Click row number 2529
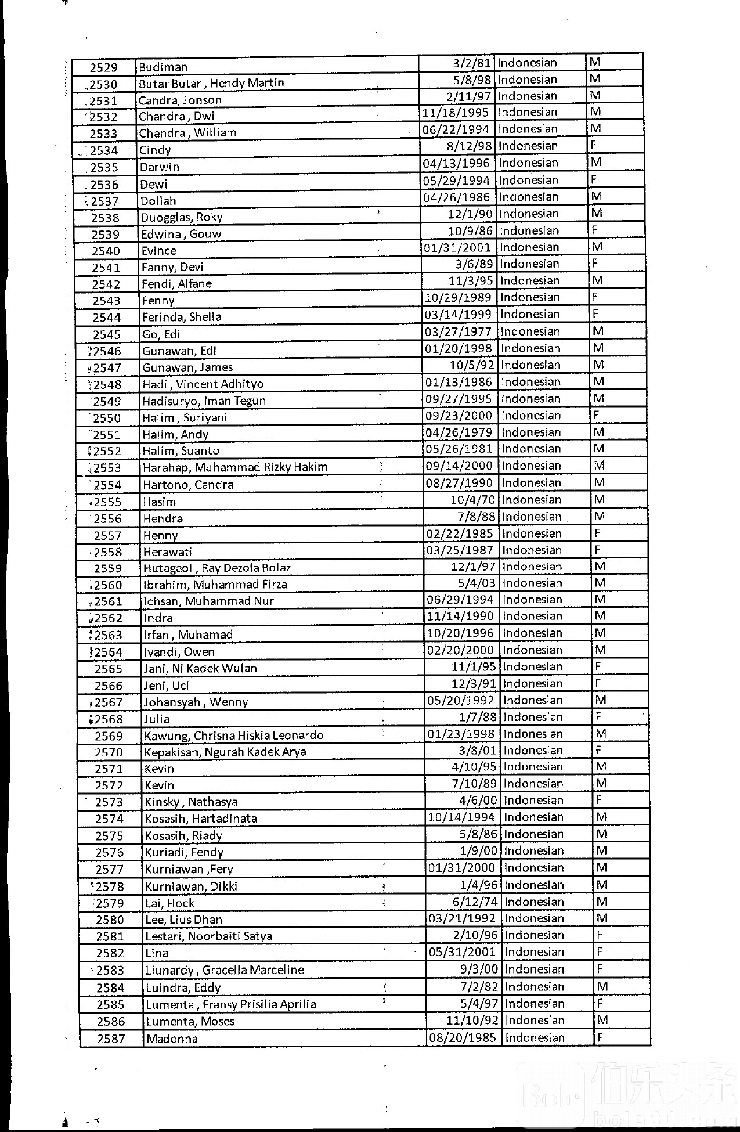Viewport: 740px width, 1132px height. point(104,67)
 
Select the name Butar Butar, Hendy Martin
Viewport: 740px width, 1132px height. point(211,83)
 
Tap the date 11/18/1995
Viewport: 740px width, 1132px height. point(456,112)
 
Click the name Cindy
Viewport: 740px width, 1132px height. point(155,150)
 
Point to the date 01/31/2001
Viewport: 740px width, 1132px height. point(457,247)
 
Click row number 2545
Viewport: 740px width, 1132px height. point(107,334)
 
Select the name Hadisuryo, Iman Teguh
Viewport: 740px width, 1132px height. point(204,401)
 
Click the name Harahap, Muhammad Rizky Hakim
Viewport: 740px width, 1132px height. point(235,467)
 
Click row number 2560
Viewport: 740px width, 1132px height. point(109,585)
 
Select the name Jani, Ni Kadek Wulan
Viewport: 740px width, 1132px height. point(200,668)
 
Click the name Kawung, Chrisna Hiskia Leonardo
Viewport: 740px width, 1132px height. point(234,736)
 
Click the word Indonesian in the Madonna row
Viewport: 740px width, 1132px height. point(535,1038)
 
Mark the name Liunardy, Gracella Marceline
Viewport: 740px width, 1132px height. point(225,970)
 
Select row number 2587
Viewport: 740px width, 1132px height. point(111,1039)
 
